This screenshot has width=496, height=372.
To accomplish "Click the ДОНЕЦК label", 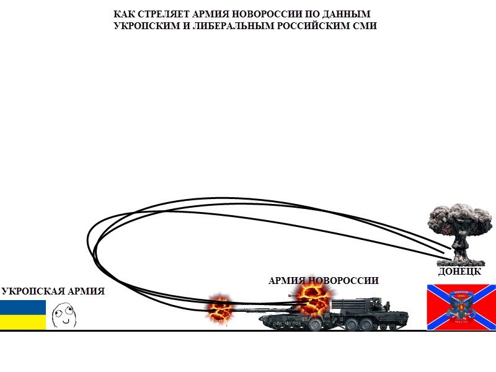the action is coord(459,272).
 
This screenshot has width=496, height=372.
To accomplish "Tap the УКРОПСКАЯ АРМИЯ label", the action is coord(53,291).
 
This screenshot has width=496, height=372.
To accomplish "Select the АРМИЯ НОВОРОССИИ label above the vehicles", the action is coord(323,280).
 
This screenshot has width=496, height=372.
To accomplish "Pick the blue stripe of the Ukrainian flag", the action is coord(23,307).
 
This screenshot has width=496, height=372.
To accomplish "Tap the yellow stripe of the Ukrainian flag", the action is coord(23,322).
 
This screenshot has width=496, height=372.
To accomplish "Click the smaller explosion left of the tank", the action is coord(220,307).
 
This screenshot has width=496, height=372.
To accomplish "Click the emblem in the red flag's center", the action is coord(461,308).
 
